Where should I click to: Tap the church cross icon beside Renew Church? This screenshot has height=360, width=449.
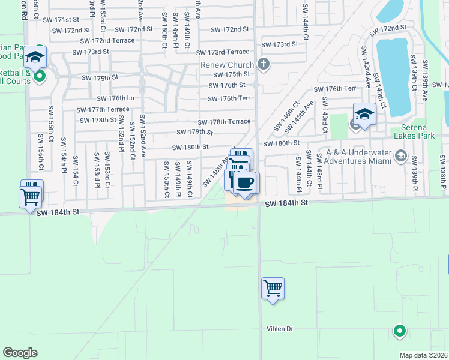pos(263,64)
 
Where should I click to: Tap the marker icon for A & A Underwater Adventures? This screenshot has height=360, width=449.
pos(400,157)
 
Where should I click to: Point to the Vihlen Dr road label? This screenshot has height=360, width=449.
pos(280,329)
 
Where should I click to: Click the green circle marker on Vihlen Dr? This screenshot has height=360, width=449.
pos(399,330)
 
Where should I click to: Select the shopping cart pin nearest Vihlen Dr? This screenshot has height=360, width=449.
pos(273,289)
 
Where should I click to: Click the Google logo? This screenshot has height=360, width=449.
pos(20,352)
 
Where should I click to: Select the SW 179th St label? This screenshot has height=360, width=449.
pos(194,132)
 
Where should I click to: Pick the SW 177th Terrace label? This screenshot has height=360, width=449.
pos(103,109)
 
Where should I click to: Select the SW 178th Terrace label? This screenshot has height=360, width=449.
pos(224,122)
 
